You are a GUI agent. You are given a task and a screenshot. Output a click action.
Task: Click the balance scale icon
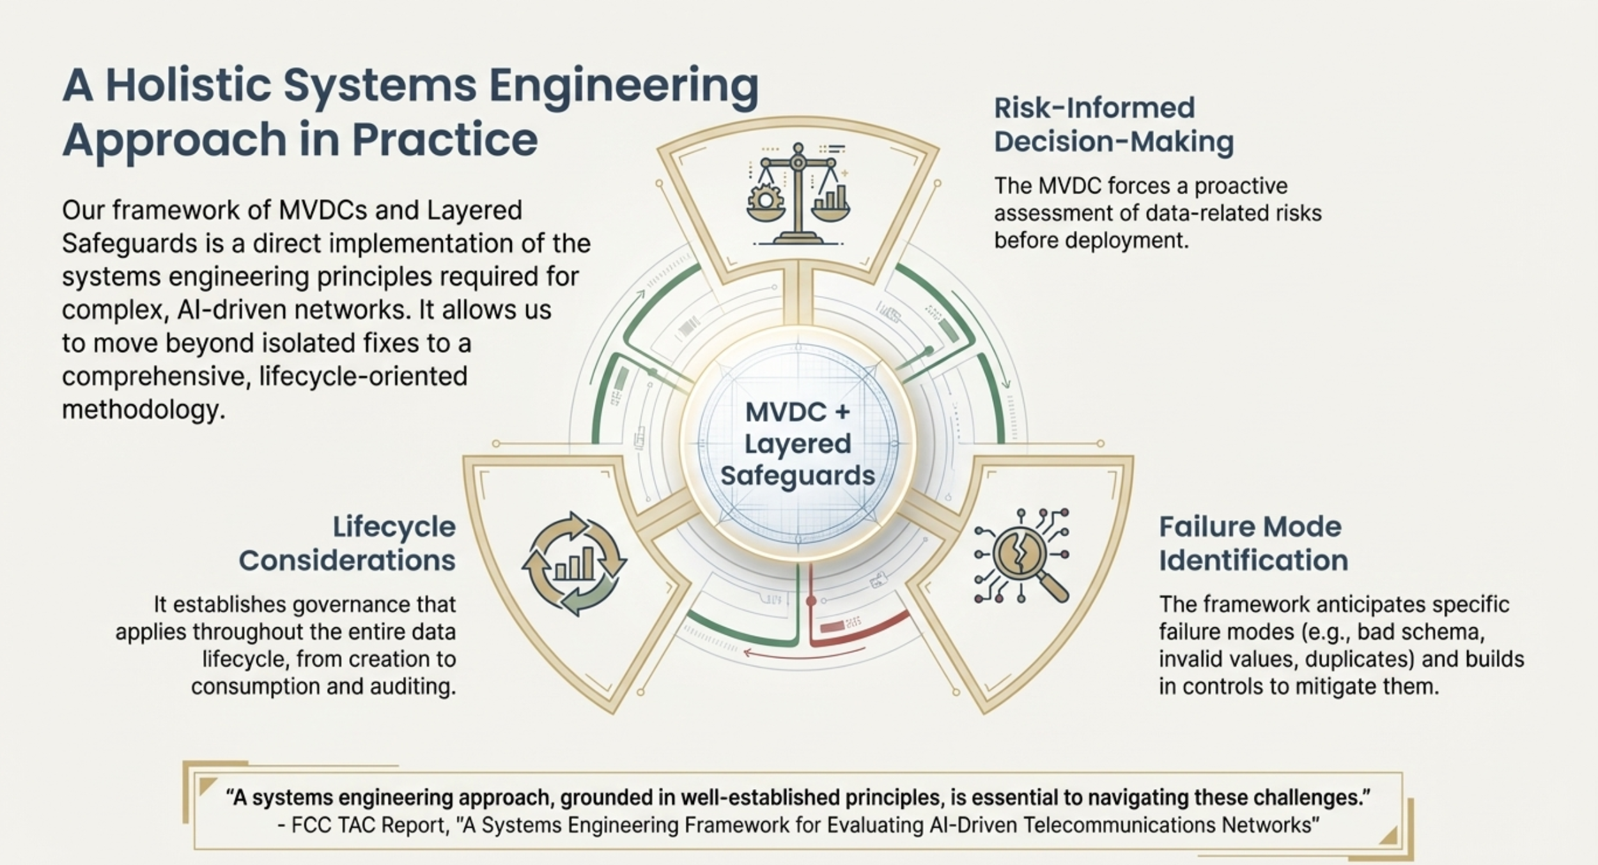798,194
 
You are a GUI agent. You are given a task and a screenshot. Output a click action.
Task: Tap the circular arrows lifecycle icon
574,564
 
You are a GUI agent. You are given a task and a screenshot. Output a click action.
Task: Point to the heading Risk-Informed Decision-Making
1113,125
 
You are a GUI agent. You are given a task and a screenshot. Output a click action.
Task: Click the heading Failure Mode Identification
1253,544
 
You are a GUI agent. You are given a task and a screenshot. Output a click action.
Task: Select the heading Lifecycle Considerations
347,544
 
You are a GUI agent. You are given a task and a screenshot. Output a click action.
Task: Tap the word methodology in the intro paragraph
144,410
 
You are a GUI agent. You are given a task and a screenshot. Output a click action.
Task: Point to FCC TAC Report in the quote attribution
369,825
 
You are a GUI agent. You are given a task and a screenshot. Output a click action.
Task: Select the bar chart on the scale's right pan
830,198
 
